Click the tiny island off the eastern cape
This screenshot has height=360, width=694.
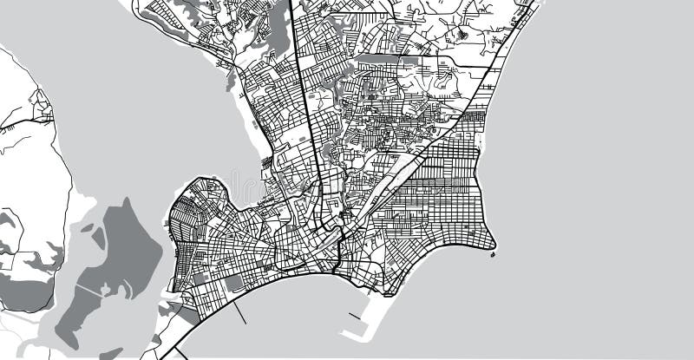494,253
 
